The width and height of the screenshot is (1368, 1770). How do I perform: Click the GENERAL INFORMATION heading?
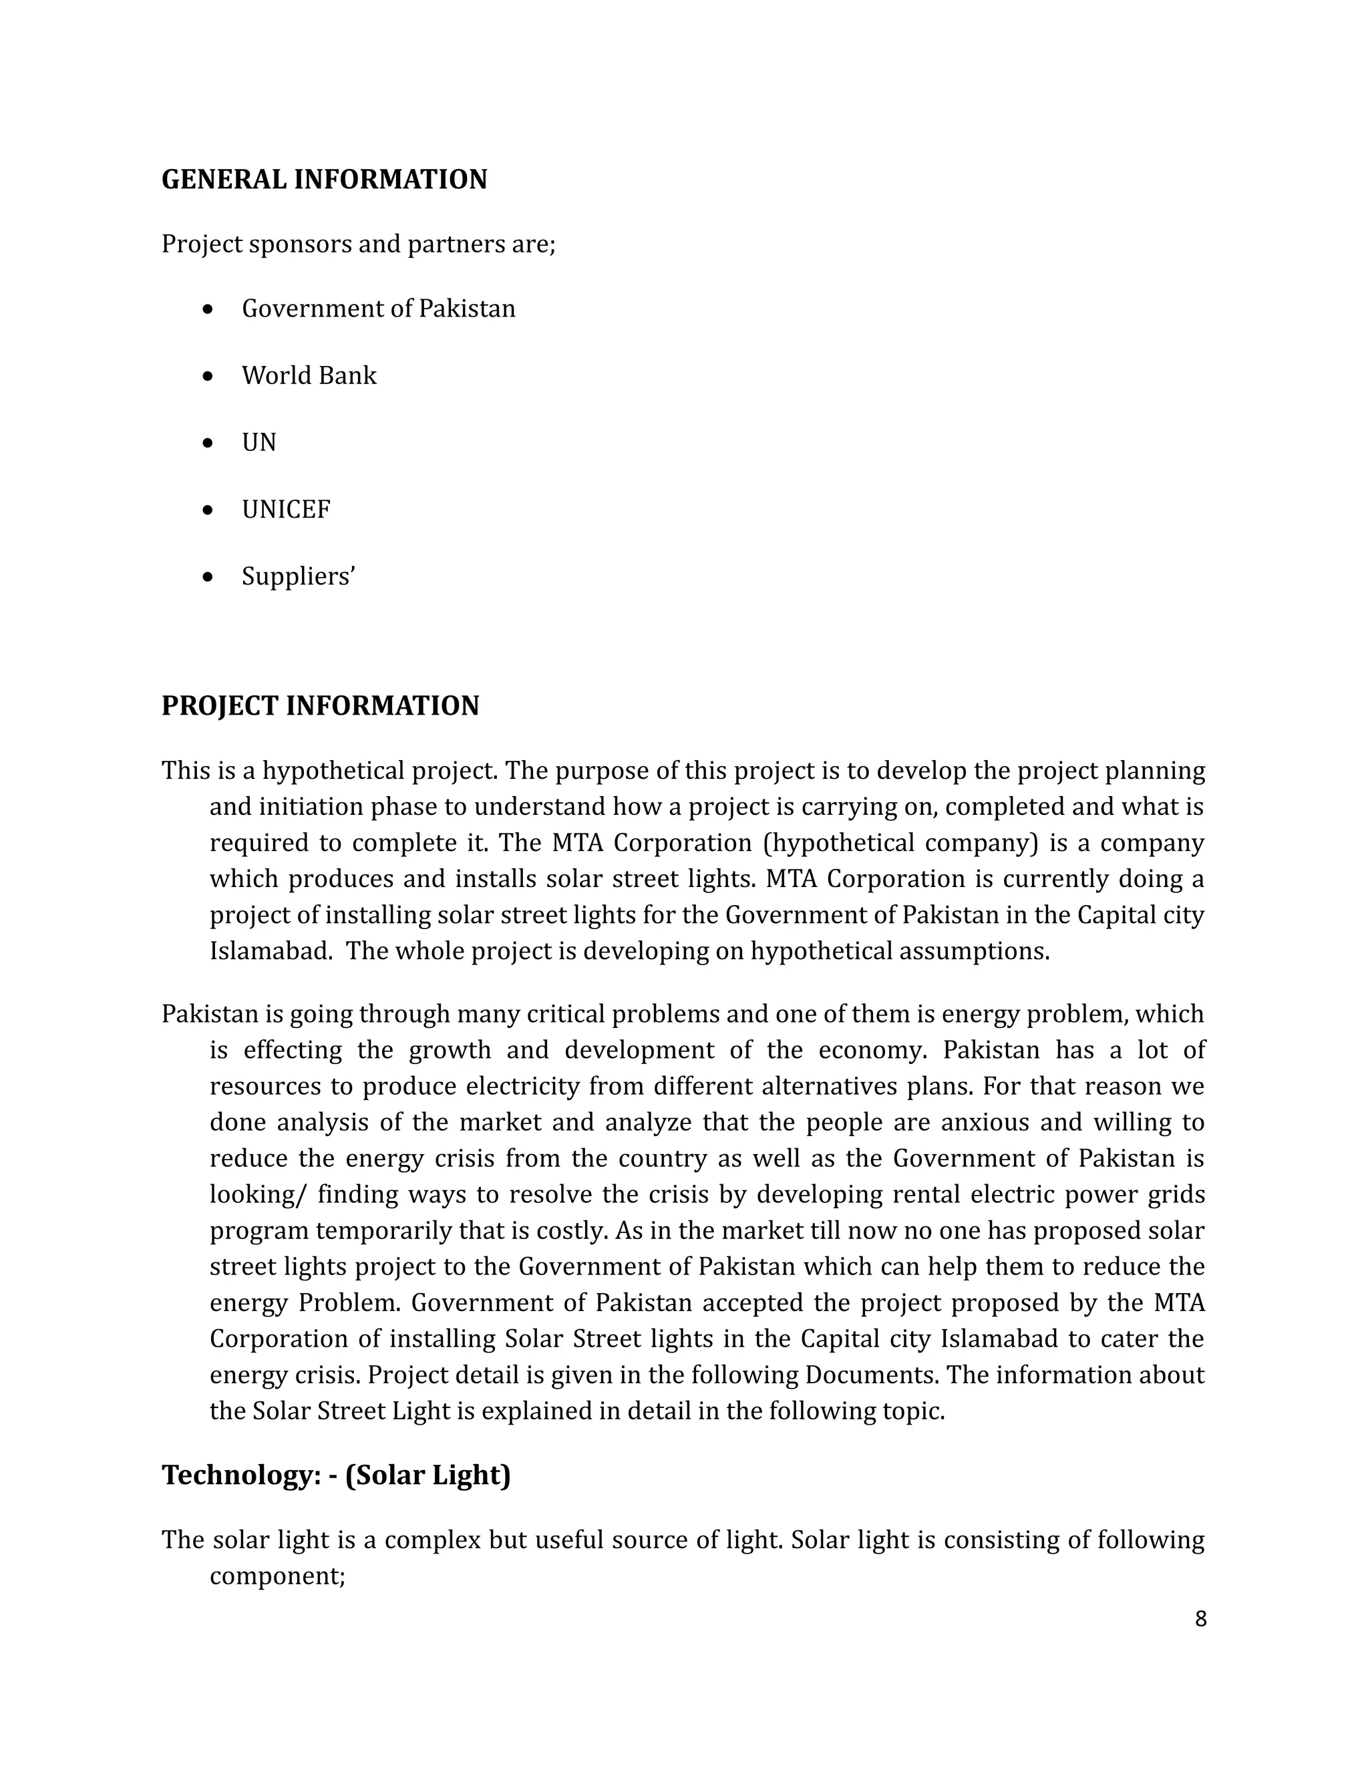pos(324,179)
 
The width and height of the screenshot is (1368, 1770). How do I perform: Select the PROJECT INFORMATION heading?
pos(320,706)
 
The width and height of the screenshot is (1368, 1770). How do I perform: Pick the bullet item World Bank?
pos(309,375)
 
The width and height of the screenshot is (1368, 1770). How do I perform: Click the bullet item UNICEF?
pos(286,510)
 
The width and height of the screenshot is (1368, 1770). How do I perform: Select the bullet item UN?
pos(259,442)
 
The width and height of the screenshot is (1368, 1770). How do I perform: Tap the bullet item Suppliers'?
pos(298,576)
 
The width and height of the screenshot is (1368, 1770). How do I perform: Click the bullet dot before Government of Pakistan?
pos(209,309)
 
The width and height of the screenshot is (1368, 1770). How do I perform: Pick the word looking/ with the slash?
pos(256,1195)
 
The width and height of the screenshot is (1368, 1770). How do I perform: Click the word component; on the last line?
pos(277,1576)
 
